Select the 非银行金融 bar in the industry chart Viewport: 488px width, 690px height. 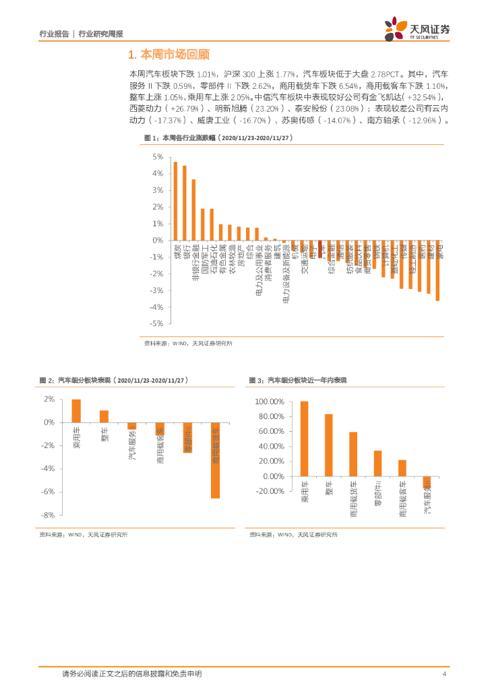[193, 210]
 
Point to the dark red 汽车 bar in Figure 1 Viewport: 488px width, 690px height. [319, 244]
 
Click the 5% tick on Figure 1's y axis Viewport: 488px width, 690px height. [158, 157]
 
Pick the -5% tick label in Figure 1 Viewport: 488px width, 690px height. [157, 323]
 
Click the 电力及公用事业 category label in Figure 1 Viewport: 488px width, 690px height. [257, 270]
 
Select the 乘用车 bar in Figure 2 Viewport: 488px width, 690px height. [76, 411]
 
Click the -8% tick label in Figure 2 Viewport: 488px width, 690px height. [48, 515]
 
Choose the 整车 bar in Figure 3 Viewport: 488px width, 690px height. [328, 445]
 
